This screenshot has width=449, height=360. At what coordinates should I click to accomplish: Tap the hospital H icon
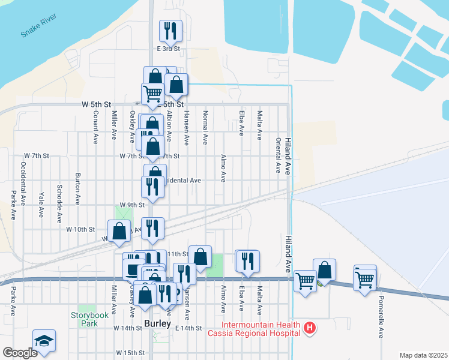pyautogui.click(x=310, y=328)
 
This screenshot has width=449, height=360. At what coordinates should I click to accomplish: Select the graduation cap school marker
pyautogui.click(x=44, y=341)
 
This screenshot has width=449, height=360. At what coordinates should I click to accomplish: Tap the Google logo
pyautogui.click(x=19, y=353)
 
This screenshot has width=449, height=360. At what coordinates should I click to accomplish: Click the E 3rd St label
pyautogui.click(x=169, y=48)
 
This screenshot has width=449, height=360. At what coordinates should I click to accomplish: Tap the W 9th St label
pyautogui.click(x=132, y=205)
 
